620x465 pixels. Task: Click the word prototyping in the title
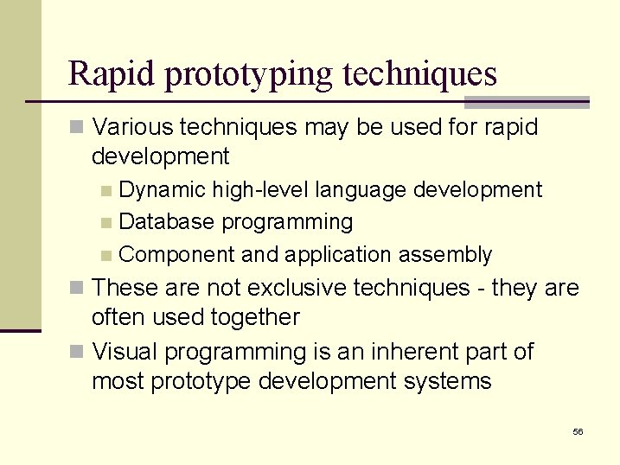[x=248, y=75]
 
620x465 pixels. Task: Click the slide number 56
[x=578, y=431]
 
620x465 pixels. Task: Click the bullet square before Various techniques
[x=77, y=128]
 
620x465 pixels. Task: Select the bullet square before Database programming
[x=105, y=223]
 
